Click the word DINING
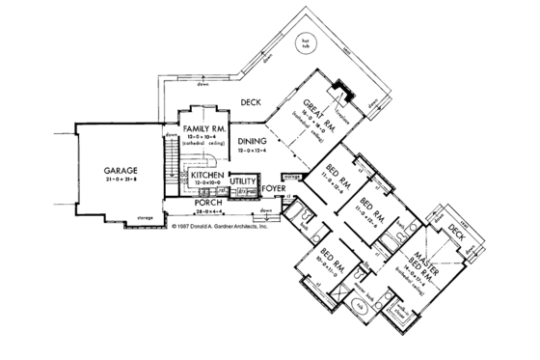[252, 141]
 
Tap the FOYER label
[275, 190]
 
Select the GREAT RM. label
[317, 108]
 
